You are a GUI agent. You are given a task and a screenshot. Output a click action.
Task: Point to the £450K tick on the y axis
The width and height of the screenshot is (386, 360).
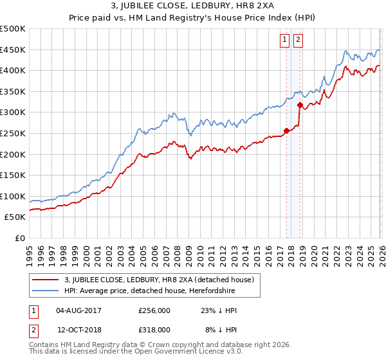tap(13, 50)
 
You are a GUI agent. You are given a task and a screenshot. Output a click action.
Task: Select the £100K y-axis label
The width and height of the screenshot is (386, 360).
tap(13, 196)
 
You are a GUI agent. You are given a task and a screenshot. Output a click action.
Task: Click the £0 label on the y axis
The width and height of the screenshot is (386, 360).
tap(19, 238)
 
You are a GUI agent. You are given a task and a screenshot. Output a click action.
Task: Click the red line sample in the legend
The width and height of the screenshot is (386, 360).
tap(46, 280)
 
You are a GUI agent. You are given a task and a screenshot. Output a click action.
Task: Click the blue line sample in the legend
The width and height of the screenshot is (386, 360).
tap(46, 291)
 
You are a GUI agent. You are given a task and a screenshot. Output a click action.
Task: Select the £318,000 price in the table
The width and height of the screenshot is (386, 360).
tap(154, 329)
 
